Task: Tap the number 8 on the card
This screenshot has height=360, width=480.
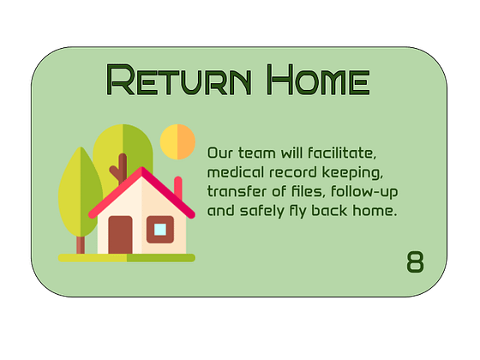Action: [x=415, y=262]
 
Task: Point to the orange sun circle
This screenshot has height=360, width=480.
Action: [x=178, y=141]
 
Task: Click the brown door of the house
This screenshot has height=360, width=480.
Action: [x=120, y=234]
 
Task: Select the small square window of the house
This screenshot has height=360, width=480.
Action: [x=159, y=229]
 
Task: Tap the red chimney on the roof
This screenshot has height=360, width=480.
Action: [x=178, y=187]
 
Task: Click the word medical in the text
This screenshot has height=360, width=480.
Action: [x=234, y=172]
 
